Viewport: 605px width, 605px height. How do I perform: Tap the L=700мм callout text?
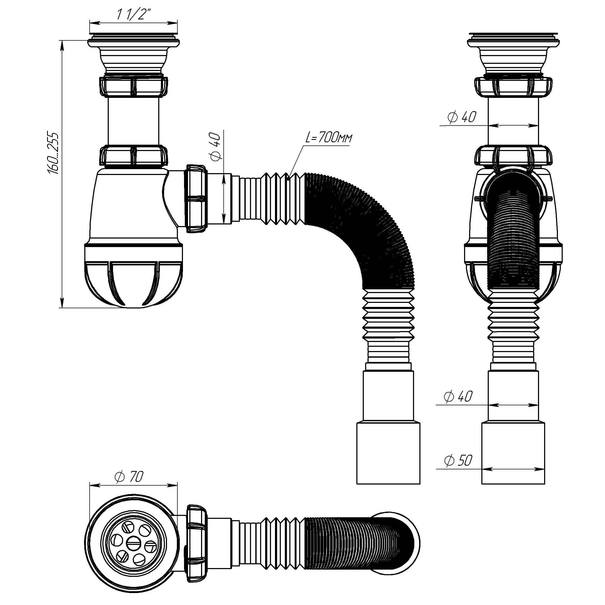(x=328, y=138)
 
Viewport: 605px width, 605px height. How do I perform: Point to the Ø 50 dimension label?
(x=458, y=460)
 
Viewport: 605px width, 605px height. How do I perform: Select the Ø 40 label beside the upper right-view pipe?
(x=462, y=117)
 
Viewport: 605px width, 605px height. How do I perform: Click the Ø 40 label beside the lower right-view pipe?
(x=458, y=397)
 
